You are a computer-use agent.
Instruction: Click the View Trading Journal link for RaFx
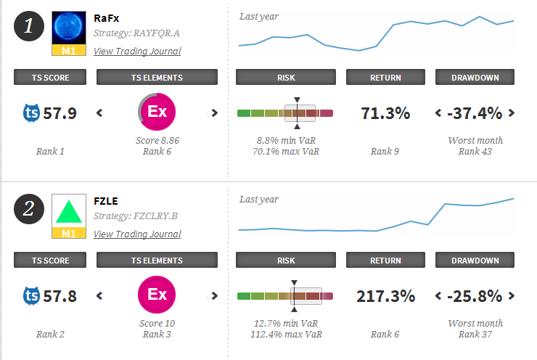click(137, 51)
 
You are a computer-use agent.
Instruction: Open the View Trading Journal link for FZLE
click(137, 234)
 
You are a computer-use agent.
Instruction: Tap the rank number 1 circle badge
click(29, 26)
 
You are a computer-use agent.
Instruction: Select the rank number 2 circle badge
click(29, 209)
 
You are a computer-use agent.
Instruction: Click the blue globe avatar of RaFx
click(70, 28)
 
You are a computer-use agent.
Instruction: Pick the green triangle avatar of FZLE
click(70, 210)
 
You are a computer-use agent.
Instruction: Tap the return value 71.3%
click(385, 112)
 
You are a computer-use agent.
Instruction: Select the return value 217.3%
click(385, 295)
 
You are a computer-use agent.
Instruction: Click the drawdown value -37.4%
click(475, 112)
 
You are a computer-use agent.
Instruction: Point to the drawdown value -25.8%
click(475, 295)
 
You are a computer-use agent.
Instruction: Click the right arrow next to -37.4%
click(512, 112)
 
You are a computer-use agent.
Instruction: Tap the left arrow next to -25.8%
click(438, 295)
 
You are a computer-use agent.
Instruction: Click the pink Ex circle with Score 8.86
click(156, 112)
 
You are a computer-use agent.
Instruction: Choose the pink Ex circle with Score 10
click(156, 295)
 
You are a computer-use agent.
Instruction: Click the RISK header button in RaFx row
click(286, 77)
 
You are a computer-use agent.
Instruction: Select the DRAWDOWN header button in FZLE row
click(475, 260)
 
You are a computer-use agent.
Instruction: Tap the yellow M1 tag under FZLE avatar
click(70, 233)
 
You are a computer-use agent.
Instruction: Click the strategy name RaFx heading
click(106, 17)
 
